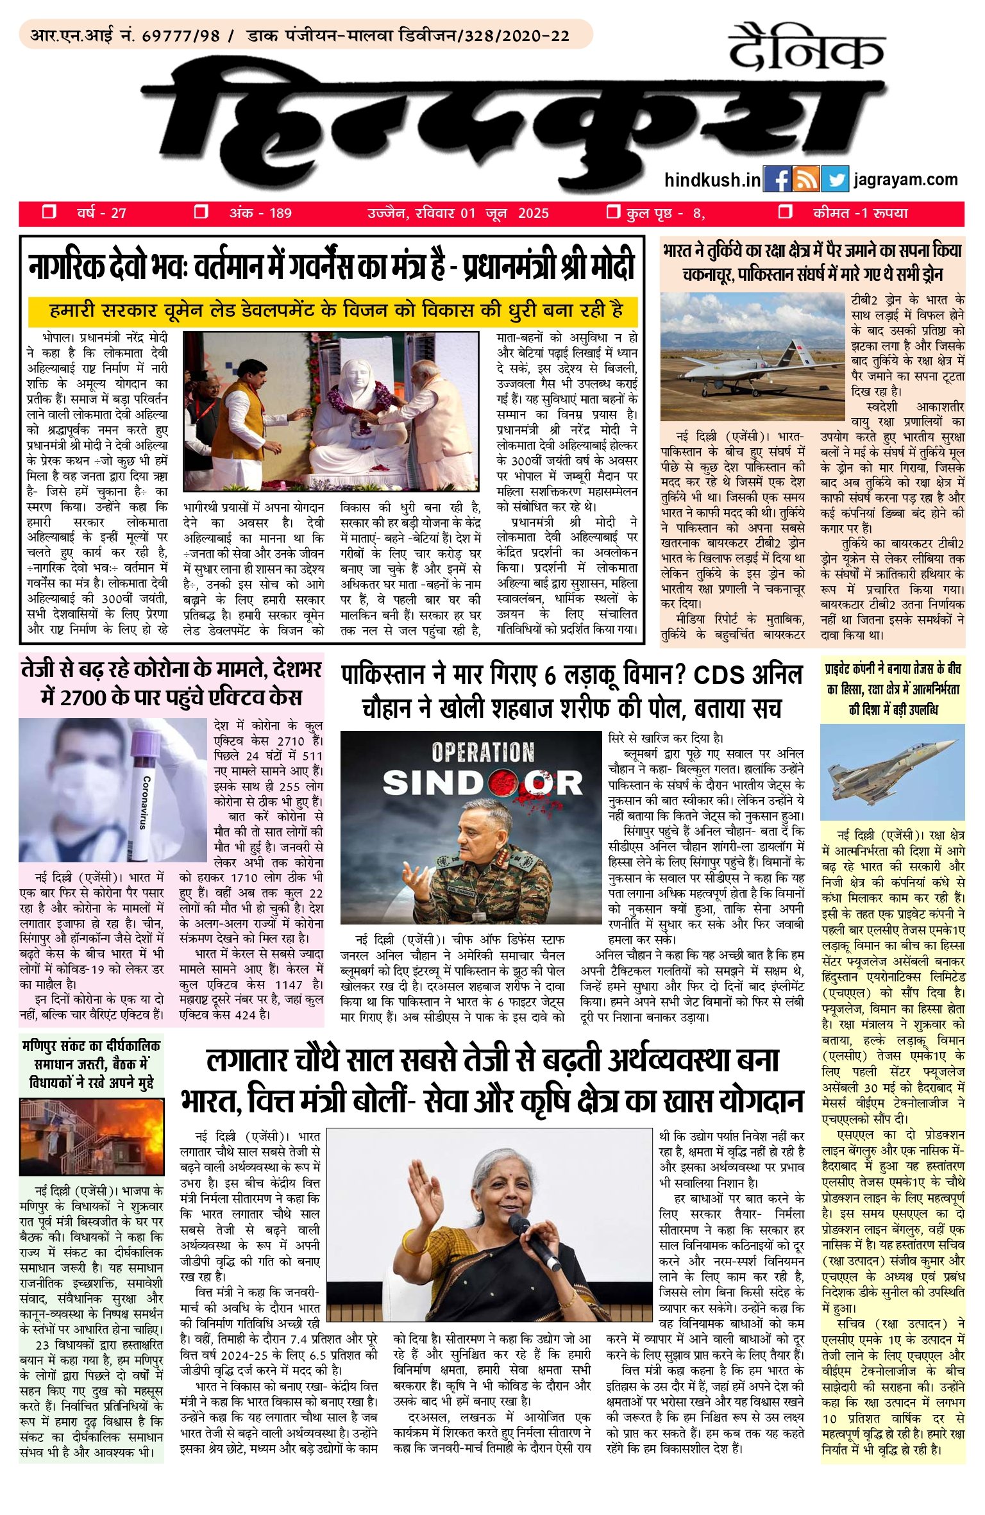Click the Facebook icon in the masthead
[x=777, y=180]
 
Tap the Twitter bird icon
[x=834, y=180]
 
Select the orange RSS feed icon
[x=805, y=180]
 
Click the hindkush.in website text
[x=712, y=181]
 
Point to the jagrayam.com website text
[x=905, y=180]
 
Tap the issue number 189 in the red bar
[x=280, y=213]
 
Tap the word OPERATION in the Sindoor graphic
[x=482, y=752]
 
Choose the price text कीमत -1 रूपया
[x=860, y=213]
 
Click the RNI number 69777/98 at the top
[x=181, y=36]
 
